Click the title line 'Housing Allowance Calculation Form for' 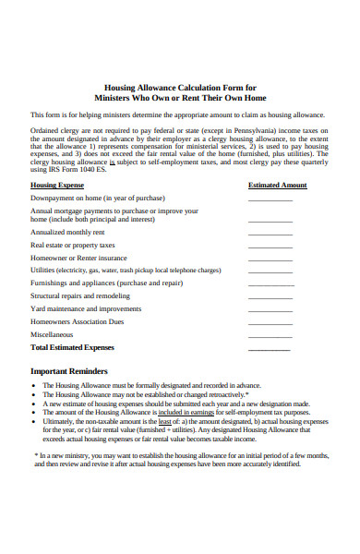pos(180,85)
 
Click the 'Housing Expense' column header pos(56,185)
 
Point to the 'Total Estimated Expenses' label pos(73,348)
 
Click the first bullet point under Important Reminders pos(33,384)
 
